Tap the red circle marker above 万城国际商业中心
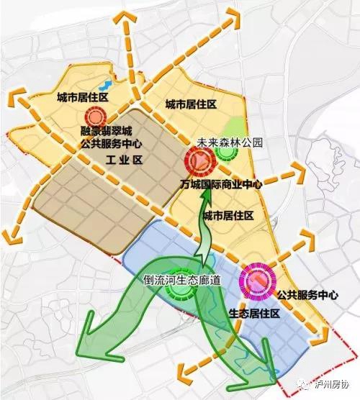[x=195, y=161]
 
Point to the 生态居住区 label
[x=253, y=314]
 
